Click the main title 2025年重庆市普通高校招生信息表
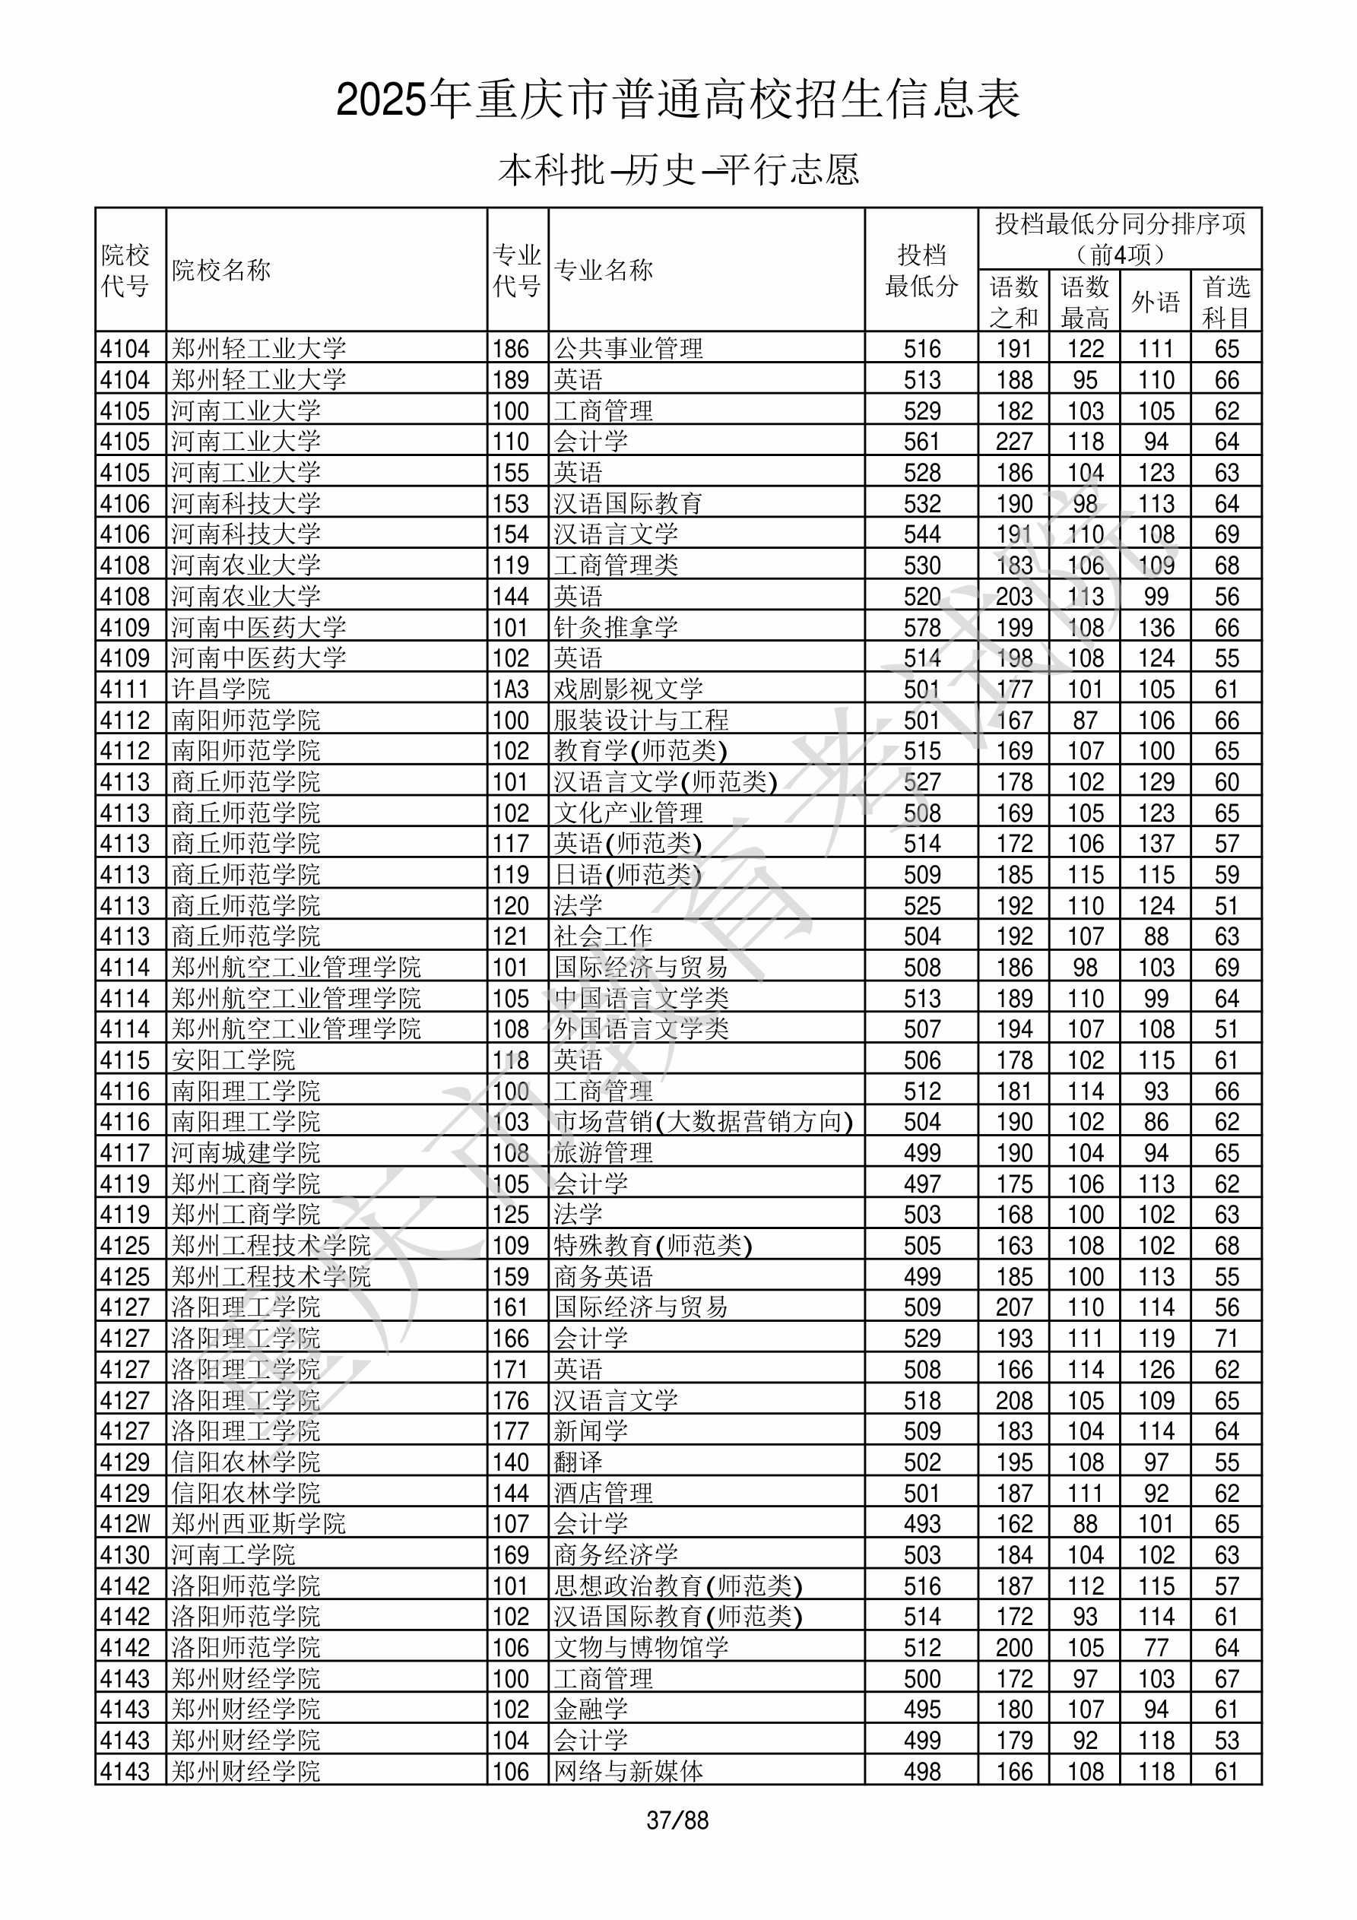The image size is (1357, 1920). (677, 100)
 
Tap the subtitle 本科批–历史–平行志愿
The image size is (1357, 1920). (677, 170)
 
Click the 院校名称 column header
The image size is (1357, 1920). (222, 270)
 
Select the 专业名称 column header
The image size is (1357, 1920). (603, 270)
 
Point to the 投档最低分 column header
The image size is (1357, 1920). (921, 270)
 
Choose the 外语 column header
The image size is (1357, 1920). (1156, 301)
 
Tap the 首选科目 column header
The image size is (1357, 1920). (1225, 301)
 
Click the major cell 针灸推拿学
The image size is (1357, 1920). (616, 627)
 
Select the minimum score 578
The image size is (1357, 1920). (922, 627)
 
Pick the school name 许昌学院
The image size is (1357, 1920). (221, 689)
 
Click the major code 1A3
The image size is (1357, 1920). (510, 689)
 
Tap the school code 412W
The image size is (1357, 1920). (125, 1524)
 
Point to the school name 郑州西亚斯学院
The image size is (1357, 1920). (258, 1524)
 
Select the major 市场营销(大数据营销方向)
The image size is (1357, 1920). (702, 1121)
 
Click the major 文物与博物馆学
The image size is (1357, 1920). (641, 1647)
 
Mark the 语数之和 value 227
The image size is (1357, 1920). (1014, 442)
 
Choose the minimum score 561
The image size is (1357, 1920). (922, 442)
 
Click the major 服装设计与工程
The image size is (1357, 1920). (641, 720)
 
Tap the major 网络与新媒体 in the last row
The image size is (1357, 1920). (628, 1771)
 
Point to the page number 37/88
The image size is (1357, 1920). (677, 1820)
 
